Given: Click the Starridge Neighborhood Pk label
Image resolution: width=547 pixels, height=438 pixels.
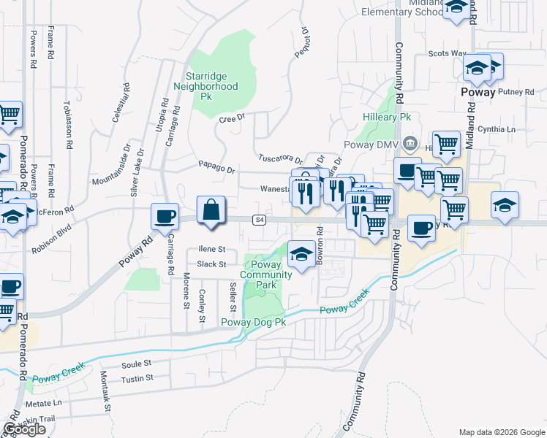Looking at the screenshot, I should [206, 86].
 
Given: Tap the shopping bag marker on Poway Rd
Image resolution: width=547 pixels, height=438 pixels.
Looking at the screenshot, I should [211, 210].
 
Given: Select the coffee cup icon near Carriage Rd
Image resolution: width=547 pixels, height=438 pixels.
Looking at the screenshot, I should [164, 216].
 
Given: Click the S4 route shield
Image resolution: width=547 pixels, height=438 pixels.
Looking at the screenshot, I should [259, 220].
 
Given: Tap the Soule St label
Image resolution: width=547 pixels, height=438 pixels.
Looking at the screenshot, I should [136, 363].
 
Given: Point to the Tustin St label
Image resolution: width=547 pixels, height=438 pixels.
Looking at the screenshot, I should [137, 378].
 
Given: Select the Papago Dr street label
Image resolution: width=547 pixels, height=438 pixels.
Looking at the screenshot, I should [217, 169].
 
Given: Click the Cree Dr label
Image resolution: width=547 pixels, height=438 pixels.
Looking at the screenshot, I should [231, 118].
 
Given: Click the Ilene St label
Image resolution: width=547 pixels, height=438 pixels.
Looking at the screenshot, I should [211, 249].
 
